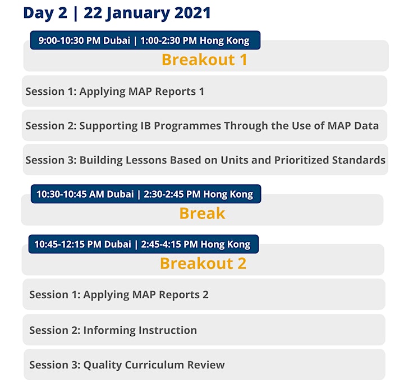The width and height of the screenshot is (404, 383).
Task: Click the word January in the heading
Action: point(137,13)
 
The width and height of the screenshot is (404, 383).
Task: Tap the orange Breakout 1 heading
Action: point(204,60)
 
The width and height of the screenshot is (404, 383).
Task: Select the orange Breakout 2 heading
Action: point(203,263)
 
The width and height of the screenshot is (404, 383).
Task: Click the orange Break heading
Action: point(202,213)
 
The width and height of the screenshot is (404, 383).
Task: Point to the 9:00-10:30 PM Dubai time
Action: point(84,40)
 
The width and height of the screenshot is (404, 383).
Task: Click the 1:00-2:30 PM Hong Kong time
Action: point(195,41)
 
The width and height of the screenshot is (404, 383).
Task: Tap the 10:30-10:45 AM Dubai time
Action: point(85,194)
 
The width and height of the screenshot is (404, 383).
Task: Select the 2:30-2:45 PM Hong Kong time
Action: point(199,194)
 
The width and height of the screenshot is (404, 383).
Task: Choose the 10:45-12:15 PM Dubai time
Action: point(82,244)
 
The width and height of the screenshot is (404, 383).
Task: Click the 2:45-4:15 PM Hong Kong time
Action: point(196,244)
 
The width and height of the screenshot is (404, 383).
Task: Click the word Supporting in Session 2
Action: point(108,126)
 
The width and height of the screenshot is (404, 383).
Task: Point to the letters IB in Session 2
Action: point(145,126)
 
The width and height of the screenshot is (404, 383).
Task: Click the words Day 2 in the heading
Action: point(45,13)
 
